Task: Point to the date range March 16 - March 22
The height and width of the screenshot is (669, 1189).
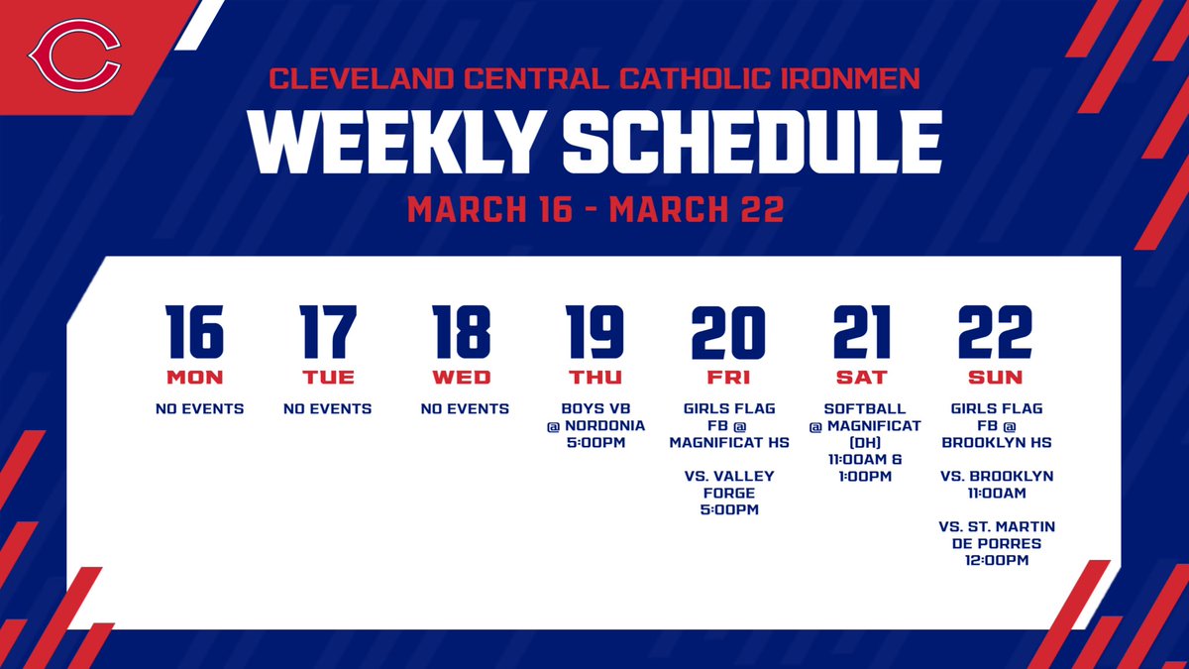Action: [x=594, y=209]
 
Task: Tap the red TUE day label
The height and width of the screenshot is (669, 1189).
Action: [x=328, y=377]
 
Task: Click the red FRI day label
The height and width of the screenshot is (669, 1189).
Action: [x=728, y=377]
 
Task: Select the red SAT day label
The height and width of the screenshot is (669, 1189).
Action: [x=861, y=377]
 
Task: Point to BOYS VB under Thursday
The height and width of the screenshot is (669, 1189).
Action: [x=594, y=408]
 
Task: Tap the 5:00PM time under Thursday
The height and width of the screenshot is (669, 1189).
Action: [x=594, y=442]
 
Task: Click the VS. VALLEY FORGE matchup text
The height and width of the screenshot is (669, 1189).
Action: [x=728, y=484]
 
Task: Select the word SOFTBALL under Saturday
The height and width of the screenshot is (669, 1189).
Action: [x=861, y=408]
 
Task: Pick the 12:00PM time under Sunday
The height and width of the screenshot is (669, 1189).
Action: [x=995, y=560]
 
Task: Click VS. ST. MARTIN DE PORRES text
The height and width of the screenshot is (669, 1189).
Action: [x=995, y=534]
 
